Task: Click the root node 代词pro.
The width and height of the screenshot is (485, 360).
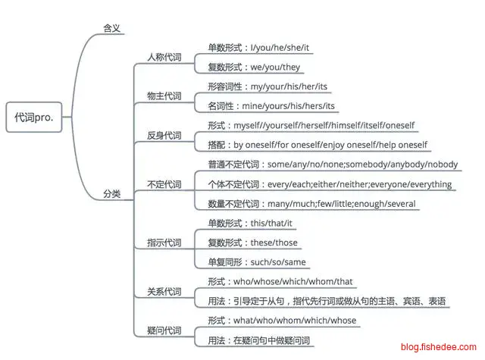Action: pyautogui.click(x=34, y=117)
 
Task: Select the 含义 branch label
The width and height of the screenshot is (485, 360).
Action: pyautogui.click(x=111, y=29)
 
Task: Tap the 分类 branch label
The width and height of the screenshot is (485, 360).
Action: pyautogui.click(x=111, y=194)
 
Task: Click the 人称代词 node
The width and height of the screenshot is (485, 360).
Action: pyautogui.click(x=164, y=57)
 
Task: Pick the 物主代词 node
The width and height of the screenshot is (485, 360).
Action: pyautogui.click(x=164, y=96)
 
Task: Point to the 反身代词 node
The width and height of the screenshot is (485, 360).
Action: pyautogui.click(x=164, y=136)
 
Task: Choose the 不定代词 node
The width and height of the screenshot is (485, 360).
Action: pyautogui.click(x=164, y=184)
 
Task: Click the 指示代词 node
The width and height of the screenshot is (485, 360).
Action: pyautogui.click(x=164, y=243)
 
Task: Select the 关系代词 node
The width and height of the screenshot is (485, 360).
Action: pyautogui.click(x=164, y=292)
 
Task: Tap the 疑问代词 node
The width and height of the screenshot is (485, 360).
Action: pyautogui.click(x=164, y=330)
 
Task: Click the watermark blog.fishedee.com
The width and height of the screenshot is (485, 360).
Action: pyautogui.click(x=439, y=347)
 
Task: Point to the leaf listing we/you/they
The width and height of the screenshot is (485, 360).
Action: pyautogui.click(x=254, y=67)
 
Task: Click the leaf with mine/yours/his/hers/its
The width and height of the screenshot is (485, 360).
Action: pyautogui.click(x=271, y=106)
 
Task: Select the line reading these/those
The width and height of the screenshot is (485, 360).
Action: pyautogui.click(x=252, y=243)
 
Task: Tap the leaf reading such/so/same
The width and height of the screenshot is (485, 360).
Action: pyautogui.click(x=257, y=262)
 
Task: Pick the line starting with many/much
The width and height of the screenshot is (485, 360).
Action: pyautogui.click(x=311, y=204)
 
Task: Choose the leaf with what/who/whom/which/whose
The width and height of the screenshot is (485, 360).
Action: pyautogui.click(x=282, y=321)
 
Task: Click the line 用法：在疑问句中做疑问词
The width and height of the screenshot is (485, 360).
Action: pyautogui.click(x=259, y=341)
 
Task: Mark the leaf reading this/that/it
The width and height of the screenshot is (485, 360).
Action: pyautogui.click(x=250, y=224)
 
